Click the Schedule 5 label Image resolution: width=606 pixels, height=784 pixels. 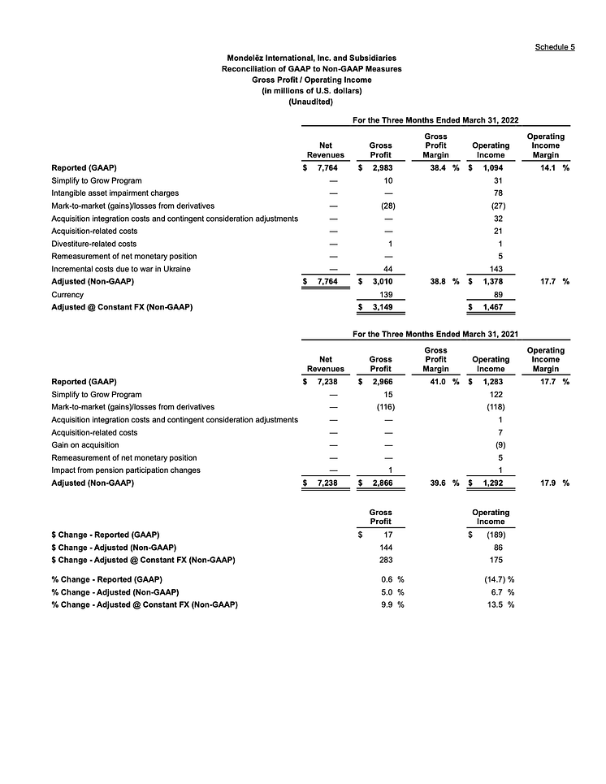pyautogui.click(x=556, y=47)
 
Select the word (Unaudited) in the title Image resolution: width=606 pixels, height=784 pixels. pyautogui.click(x=311, y=102)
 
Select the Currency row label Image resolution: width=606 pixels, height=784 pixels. pyautogui.click(x=67, y=294)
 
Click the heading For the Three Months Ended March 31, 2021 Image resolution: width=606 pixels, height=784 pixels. pyautogui.click(x=435, y=334)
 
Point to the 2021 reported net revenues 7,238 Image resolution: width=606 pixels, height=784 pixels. pyautogui.click(x=327, y=381)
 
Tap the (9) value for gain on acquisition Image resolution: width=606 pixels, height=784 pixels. pyautogui.click(x=500, y=444)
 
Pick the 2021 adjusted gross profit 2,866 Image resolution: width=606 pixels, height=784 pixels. pyautogui.click(x=382, y=483)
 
